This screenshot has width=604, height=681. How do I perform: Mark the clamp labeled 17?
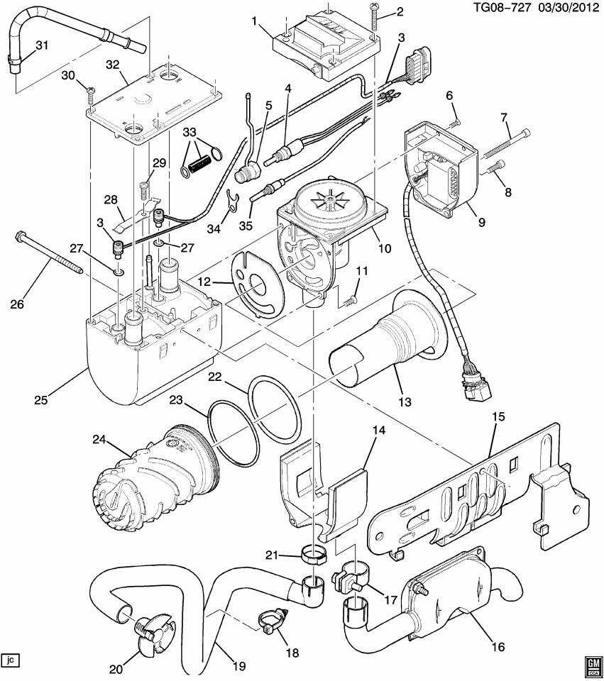pyautogui.click(x=349, y=572)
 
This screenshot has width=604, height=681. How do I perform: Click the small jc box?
pyautogui.click(x=10, y=660)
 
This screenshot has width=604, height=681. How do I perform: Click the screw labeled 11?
pyautogui.click(x=348, y=301)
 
